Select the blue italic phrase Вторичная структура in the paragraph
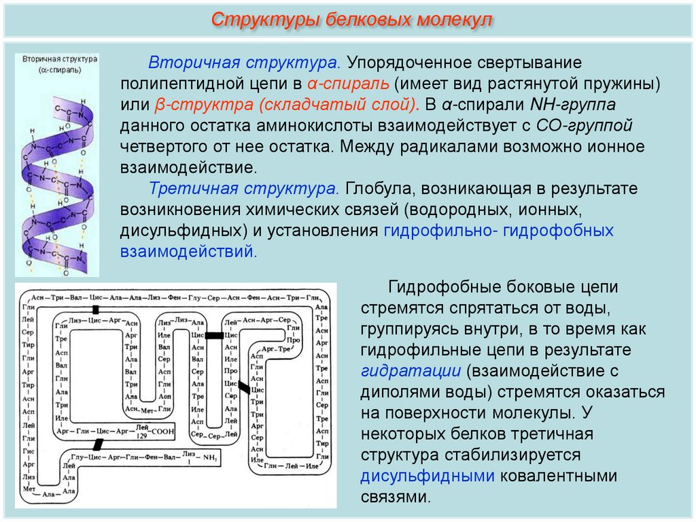coord(245,63)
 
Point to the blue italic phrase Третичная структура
coord(245,188)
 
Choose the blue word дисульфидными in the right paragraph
coord(427,475)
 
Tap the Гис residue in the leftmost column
coord(28,451)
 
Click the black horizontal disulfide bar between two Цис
coord(215,336)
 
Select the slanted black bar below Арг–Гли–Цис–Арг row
coord(98,444)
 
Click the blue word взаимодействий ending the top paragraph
coord(188,251)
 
